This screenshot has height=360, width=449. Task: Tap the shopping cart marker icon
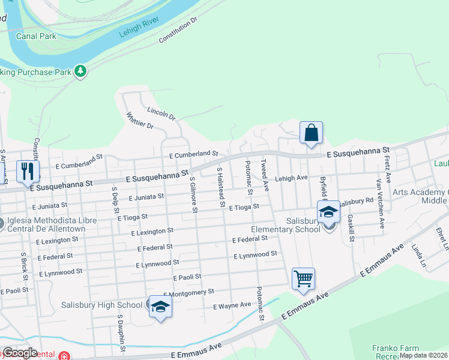click(303, 278)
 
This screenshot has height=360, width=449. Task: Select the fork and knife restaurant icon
click(28, 171)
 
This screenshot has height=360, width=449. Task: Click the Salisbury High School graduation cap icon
click(160, 307)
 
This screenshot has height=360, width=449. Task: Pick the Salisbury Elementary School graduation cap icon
click(328, 212)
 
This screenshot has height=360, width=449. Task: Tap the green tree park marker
click(80, 72)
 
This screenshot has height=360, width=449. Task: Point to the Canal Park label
click(35, 36)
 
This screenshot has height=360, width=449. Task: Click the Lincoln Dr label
click(160, 112)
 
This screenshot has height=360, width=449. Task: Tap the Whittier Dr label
click(140, 120)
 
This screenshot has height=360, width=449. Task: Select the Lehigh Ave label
click(291, 178)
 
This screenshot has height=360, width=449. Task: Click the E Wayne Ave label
click(232, 305)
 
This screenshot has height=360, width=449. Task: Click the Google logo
click(19, 352)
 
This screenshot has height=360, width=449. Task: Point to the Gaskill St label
click(351, 230)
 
